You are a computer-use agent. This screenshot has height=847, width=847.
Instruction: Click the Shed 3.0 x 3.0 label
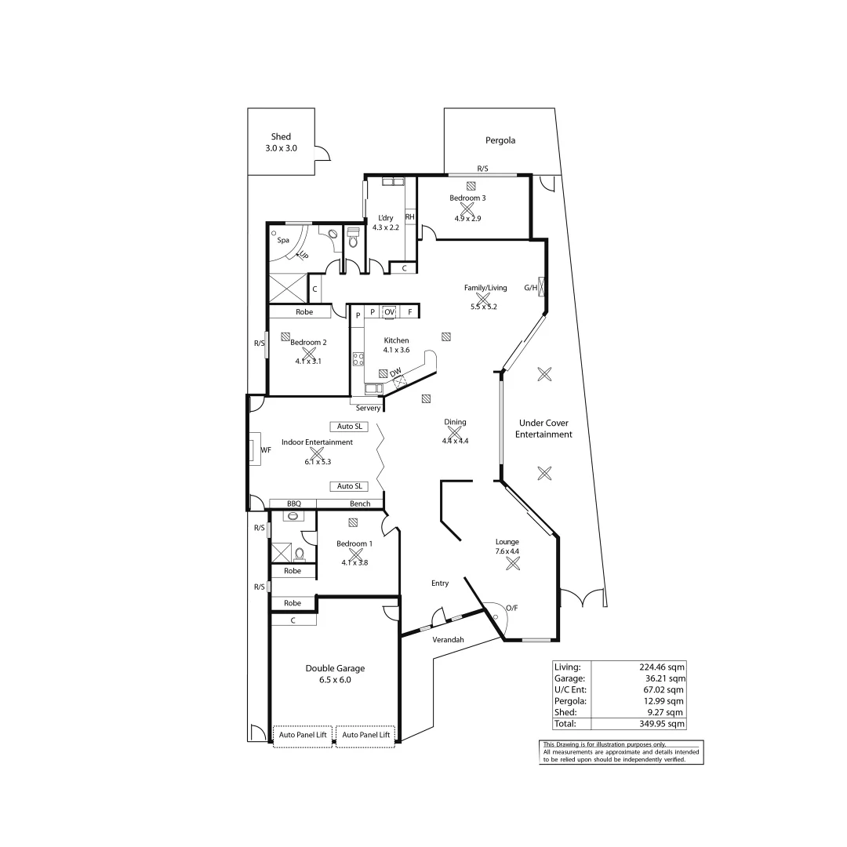[281, 142]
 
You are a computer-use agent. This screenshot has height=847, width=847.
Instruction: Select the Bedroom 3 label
[467, 198]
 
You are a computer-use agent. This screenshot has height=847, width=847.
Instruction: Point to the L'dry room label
[386, 218]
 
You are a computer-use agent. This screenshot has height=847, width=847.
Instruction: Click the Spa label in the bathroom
[283, 241]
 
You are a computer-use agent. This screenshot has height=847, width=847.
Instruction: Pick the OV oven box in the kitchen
[389, 312]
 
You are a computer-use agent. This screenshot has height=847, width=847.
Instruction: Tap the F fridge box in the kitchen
[409, 312]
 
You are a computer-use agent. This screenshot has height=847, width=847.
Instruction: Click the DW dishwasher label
[396, 371]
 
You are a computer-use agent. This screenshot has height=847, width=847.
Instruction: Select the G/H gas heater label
[531, 288]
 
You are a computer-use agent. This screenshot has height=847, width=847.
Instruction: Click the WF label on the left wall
[265, 450]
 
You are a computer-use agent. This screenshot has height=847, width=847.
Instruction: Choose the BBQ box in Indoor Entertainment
[293, 503]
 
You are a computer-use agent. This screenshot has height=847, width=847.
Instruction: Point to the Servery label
[368, 408]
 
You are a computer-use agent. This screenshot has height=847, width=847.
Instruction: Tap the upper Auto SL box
[349, 427]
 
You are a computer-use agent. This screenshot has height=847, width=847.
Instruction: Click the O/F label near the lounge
[512, 608]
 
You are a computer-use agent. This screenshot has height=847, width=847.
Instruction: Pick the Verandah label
[449, 639]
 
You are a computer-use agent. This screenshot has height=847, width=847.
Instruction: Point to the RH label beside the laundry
[409, 216]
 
